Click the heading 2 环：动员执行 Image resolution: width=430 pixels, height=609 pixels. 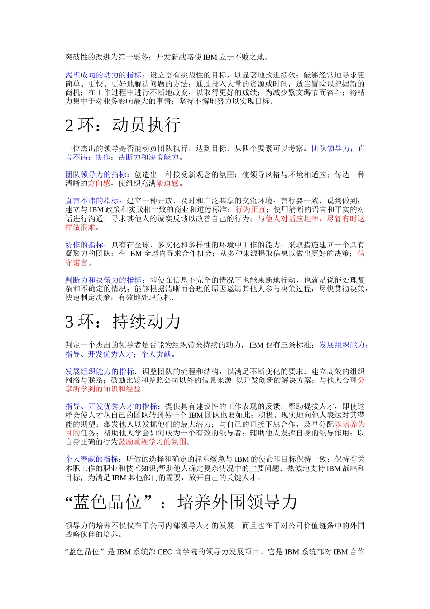pyautogui.click(x=123, y=126)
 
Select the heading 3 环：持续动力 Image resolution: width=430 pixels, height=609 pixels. pyautogui.click(x=123, y=322)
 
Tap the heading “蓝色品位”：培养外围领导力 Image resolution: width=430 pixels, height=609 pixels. pyautogui.click(x=182, y=502)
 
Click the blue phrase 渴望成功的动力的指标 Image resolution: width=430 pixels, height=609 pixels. pyautogui.click(x=104, y=75)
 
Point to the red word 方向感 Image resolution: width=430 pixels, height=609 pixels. pyautogui.click(x=99, y=184)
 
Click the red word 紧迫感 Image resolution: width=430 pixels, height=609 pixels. pyautogui.click(x=167, y=184)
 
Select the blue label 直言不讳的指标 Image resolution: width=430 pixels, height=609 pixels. pyautogui.click(x=92, y=201)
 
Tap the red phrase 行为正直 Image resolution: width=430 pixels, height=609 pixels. pyautogui.click(x=251, y=210)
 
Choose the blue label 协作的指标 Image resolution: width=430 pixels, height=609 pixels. pyautogui.click(x=85, y=245)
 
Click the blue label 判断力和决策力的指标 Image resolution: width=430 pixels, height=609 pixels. pyautogui.click(x=104, y=280)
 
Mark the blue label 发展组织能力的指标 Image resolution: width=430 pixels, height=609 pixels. pyautogui.click(x=100, y=372)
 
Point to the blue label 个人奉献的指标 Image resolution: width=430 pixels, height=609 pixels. pyautogui.click(x=92, y=459)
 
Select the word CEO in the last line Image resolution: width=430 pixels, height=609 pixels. pyautogui.click(x=165, y=552)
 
